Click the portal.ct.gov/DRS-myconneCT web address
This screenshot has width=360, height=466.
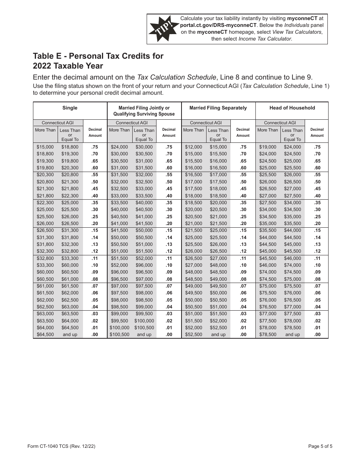[x=216, y=25]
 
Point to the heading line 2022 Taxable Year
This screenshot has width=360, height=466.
[x=68, y=66]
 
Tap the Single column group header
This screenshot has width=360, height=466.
[x=70, y=108]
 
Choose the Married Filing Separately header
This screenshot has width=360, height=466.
[x=218, y=108]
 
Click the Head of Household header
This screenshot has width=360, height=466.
[x=292, y=108]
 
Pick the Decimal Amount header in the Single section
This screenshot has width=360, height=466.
[x=95, y=132]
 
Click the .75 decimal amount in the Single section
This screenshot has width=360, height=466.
[x=95, y=147]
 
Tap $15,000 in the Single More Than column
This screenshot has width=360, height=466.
[x=45, y=147]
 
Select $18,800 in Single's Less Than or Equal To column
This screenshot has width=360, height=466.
[x=70, y=147]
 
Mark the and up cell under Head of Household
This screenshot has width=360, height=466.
[x=292, y=335]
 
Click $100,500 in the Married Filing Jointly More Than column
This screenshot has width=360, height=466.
[x=119, y=335]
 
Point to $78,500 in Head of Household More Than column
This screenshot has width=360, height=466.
[x=268, y=335]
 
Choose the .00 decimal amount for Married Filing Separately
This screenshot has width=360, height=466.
[x=243, y=335]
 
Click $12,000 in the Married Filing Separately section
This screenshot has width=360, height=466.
[x=193, y=147]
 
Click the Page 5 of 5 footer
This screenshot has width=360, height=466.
[x=320, y=446]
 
